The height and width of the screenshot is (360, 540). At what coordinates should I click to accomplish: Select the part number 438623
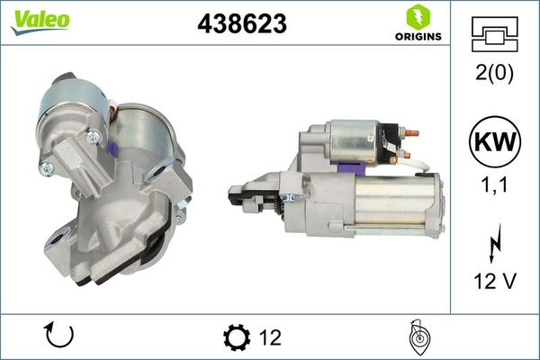point(241,24)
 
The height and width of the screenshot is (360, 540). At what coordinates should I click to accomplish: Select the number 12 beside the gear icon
point(269,337)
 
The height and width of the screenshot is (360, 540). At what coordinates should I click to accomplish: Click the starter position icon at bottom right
point(418,337)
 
